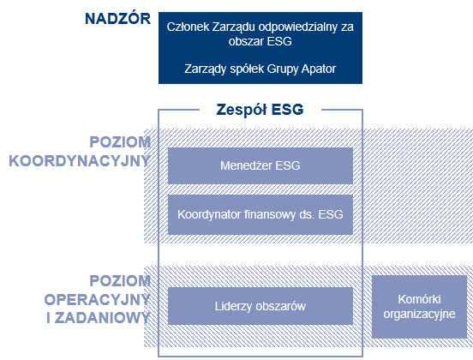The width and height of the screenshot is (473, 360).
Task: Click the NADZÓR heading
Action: point(117,20)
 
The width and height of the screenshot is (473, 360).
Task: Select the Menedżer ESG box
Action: point(260,165)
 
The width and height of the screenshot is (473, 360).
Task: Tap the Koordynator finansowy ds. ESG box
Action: point(260,213)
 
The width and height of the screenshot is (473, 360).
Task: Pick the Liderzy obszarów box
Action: point(260,305)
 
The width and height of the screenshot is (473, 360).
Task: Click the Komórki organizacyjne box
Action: point(420,306)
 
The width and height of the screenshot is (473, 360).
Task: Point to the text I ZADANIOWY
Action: point(99,317)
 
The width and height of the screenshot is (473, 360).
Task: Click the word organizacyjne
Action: point(420,314)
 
